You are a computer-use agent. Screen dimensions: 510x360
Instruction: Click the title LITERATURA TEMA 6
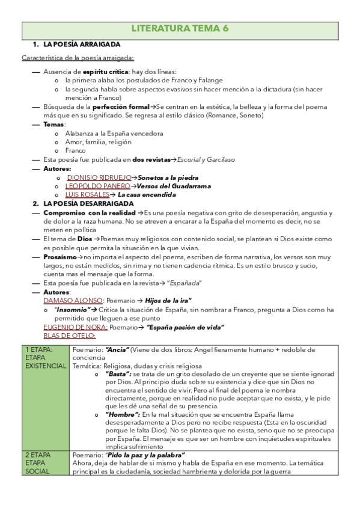tap(180, 28)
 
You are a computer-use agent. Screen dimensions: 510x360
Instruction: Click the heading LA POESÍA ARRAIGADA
tap(82, 45)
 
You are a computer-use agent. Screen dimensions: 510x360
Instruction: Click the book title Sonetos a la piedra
tap(168, 178)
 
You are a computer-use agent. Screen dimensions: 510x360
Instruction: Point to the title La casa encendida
tap(147, 195)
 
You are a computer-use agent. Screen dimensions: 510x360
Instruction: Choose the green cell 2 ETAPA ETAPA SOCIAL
tap(46, 462)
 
